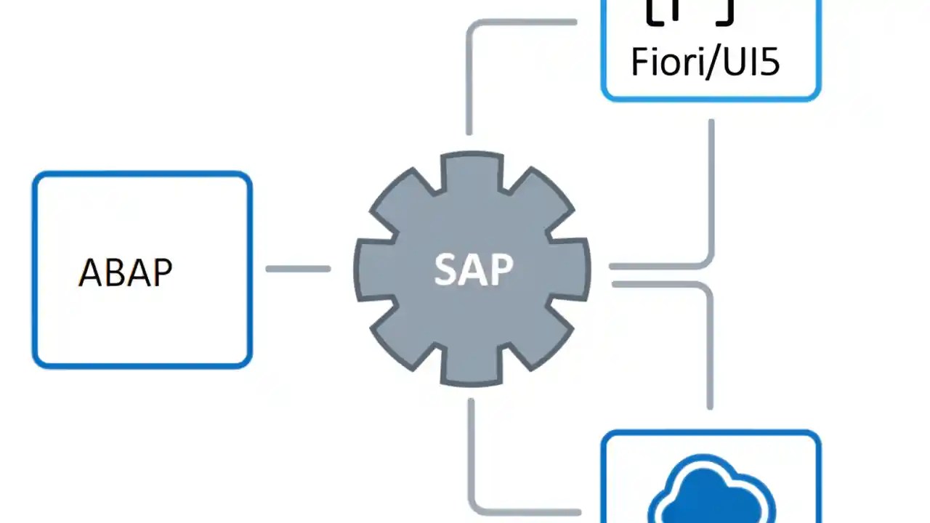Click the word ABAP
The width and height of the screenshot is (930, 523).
[x=125, y=273]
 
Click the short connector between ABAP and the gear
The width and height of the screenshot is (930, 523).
[x=298, y=269]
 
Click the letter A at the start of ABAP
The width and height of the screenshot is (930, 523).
[x=90, y=273]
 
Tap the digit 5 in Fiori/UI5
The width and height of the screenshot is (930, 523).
[x=769, y=62]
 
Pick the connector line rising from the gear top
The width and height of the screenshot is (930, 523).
[x=469, y=80]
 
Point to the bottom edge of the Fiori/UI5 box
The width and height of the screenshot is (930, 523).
[x=711, y=98]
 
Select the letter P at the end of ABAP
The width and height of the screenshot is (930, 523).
[x=161, y=273]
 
